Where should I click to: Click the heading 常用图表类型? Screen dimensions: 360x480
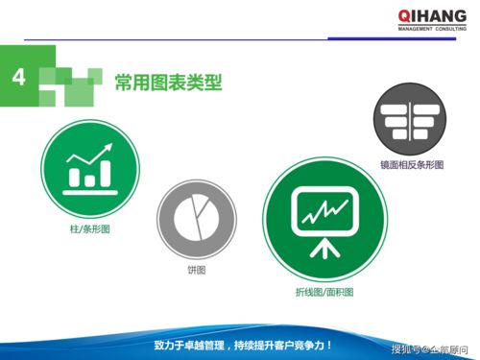point(168,84)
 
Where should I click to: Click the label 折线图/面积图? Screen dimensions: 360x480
point(324,292)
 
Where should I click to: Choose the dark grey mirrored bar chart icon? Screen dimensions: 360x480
point(411,121)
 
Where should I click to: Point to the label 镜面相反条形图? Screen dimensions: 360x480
point(412,165)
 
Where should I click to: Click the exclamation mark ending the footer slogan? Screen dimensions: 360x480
point(329,343)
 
